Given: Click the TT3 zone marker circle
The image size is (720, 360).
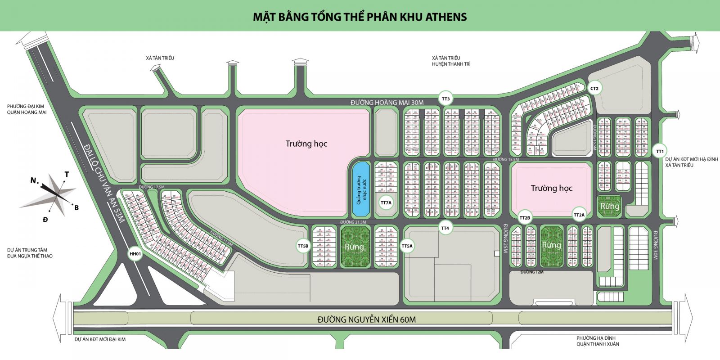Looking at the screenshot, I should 445,99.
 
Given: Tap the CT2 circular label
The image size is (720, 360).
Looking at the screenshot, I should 594,89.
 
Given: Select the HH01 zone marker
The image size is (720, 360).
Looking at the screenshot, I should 135,254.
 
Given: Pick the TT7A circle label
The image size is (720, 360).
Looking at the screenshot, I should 386,203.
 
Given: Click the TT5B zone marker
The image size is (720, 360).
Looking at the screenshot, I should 303,246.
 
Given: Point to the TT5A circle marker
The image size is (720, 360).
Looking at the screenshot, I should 407,246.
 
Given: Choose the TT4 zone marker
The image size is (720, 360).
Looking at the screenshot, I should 445,228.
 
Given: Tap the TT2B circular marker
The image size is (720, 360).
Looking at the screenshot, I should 525,218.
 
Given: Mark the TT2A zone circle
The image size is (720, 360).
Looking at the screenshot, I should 579,215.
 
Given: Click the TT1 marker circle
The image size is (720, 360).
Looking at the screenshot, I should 660,151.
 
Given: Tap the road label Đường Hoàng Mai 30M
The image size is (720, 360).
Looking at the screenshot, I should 387,103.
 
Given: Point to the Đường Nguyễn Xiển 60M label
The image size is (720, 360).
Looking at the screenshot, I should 366,319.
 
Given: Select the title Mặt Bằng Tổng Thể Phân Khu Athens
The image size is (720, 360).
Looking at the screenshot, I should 360,17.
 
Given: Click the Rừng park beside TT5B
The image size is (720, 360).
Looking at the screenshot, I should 354,247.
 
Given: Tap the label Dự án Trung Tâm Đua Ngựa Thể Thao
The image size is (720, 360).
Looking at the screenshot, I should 30,253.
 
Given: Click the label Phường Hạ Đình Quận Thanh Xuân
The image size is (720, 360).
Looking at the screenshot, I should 598,341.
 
